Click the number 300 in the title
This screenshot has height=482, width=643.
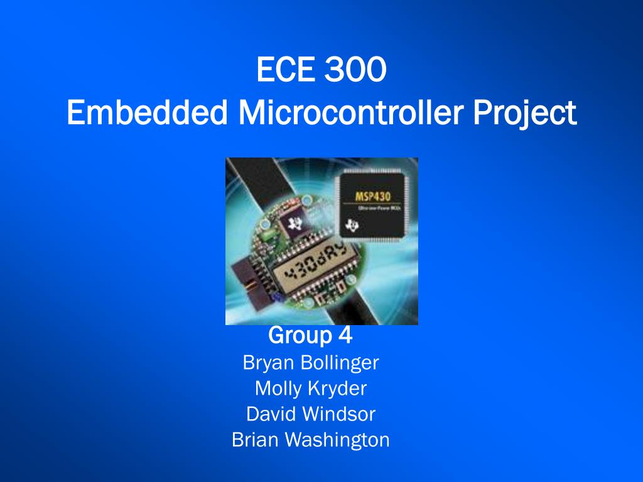click(355, 70)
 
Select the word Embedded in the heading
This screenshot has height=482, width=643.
click(147, 113)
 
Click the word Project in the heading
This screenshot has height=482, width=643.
click(524, 114)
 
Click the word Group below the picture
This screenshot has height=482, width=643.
click(300, 336)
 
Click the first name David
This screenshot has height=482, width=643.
click(271, 414)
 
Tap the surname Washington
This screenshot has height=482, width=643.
click(337, 440)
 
